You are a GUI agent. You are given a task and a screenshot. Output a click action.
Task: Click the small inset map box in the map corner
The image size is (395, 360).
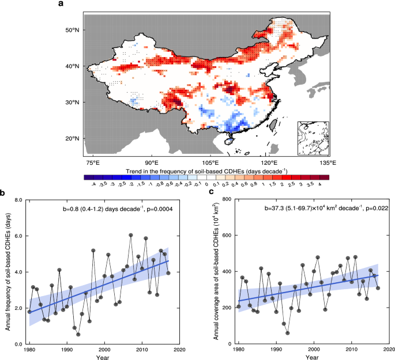pos(312,138)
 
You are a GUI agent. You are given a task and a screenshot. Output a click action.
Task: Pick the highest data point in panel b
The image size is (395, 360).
pos(131,235)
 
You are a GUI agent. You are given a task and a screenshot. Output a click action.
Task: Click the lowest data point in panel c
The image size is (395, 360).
pos(287,333)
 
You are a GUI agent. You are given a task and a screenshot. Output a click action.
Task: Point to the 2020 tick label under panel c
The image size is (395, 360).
pos(389,349)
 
